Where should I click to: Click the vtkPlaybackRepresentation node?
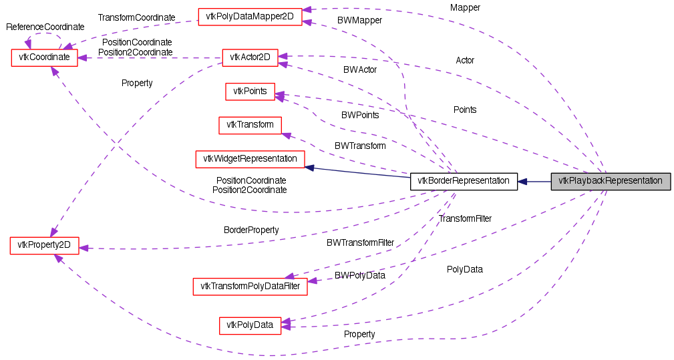coord(610,181)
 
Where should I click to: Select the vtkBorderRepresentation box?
coord(464,181)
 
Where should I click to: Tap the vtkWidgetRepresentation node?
coord(250,159)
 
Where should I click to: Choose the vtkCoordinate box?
coord(45,57)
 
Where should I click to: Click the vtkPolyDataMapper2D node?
coord(250,16)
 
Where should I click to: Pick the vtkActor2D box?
coord(249,57)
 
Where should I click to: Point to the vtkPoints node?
coord(250,92)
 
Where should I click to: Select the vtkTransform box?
coord(250,125)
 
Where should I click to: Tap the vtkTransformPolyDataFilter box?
coord(250,287)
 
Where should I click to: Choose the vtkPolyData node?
coord(250,325)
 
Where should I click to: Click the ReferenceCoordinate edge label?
coord(45,27)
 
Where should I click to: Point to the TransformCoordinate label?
coord(136,17)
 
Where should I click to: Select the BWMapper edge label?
coord(359,21)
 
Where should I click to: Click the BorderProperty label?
coord(251,230)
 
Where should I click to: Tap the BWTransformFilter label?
coord(360,242)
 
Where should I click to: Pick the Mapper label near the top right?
coord(465,8)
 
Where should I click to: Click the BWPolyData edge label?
coord(360,275)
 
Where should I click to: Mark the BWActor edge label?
coord(360,70)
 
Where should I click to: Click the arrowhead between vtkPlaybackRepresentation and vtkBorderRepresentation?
coord(523,181)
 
